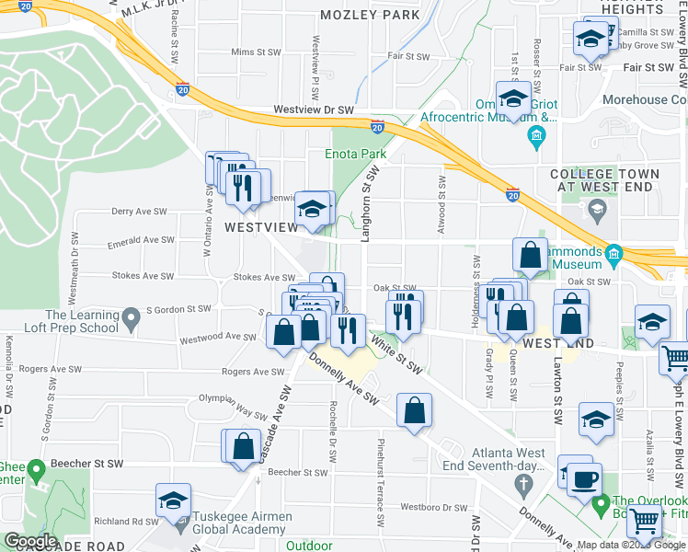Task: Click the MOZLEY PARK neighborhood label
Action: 370,15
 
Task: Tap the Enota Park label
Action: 355,154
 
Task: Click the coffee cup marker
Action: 585,479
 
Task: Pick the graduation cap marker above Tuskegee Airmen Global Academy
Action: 173,500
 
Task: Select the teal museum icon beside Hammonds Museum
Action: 613,254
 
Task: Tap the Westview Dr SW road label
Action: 314,110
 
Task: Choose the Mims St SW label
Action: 255,52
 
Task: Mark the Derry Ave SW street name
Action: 138,211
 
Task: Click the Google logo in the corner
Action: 30,541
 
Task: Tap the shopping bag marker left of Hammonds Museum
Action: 531,257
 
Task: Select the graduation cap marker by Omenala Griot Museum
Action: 514,98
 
